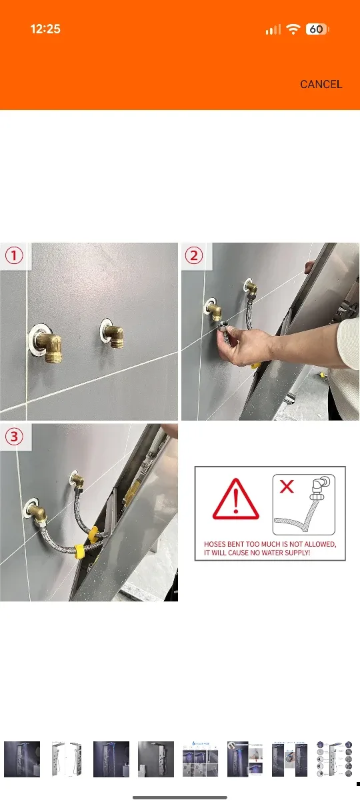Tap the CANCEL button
click(x=321, y=84)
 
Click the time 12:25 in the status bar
click(x=45, y=29)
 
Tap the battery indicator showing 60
click(x=317, y=29)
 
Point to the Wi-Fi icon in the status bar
click(x=293, y=29)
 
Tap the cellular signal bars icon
click(x=273, y=29)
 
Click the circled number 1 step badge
click(x=15, y=256)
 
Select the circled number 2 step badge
click(x=194, y=256)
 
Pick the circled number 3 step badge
click(x=15, y=437)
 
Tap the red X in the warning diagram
click(x=287, y=487)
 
